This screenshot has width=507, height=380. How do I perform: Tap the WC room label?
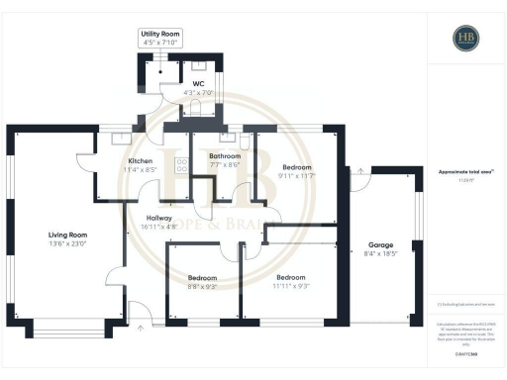click(x=198, y=84)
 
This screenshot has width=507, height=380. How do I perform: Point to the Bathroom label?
click(x=224, y=156)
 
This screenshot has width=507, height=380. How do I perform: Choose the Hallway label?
click(x=159, y=218)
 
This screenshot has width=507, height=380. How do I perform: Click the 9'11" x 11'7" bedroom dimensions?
click(x=297, y=176)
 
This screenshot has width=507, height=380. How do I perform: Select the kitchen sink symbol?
click(x=123, y=138)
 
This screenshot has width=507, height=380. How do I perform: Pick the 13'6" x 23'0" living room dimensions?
click(x=68, y=243)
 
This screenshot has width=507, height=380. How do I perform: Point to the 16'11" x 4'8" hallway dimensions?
click(x=159, y=227)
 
